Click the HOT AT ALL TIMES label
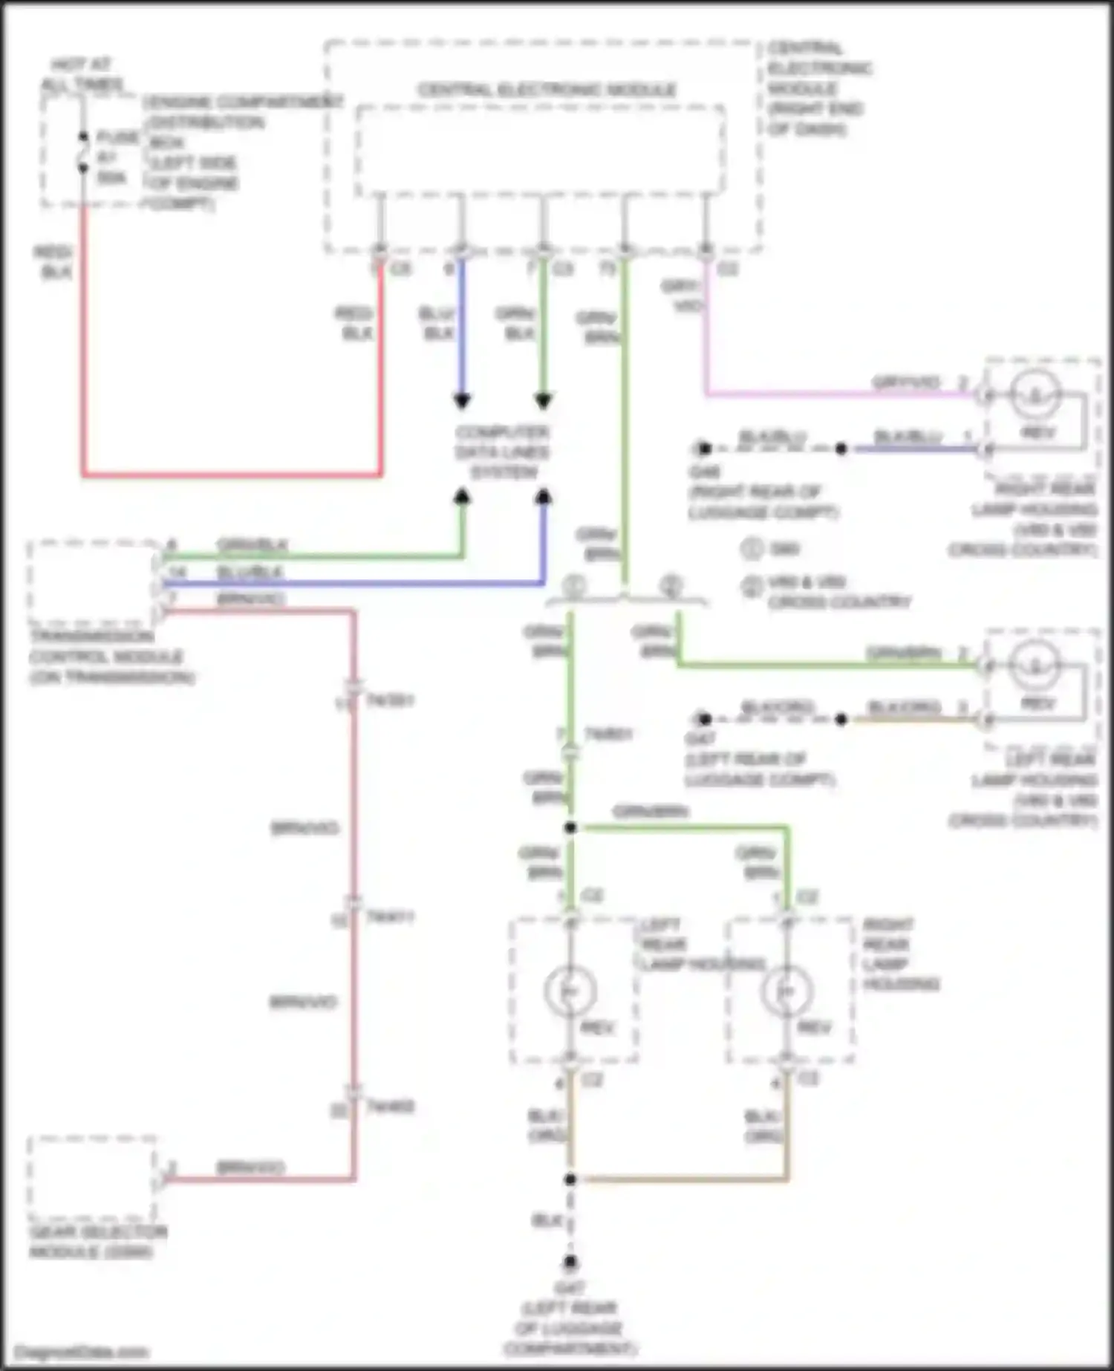(x=81, y=74)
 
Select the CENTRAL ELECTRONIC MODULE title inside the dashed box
(x=547, y=90)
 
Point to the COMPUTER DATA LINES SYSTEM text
(x=503, y=452)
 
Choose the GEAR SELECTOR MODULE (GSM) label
(x=97, y=1242)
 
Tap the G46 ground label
(x=703, y=472)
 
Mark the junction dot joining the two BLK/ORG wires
(x=570, y=1179)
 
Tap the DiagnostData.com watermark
(x=82, y=1351)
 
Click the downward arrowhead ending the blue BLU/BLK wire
(x=462, y=402)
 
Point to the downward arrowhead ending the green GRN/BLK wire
(x=544, y=402)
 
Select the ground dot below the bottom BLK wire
(x=570, y=1262)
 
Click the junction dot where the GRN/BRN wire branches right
(x=570, y=827)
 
